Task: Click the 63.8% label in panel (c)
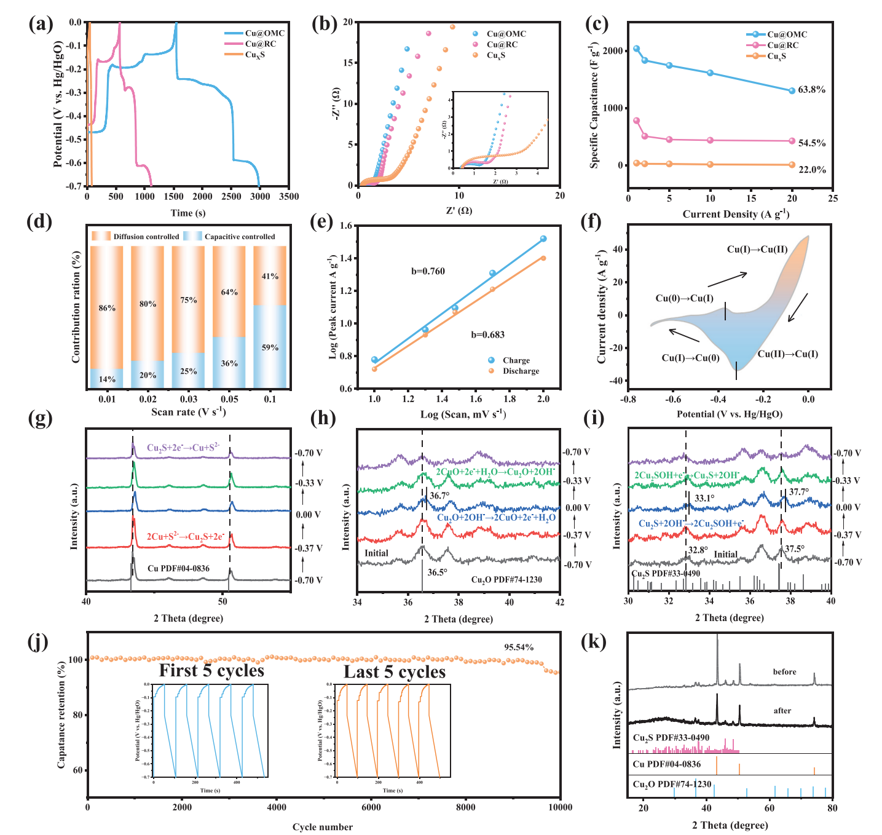pyautogui.click(x=811, y=90)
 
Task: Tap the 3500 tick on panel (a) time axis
pyautogui.click(x=289, y=197)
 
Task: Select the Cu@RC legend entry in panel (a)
pyautogui.click(x=260, y=44)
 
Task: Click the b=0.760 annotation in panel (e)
pyautogui.click(x=428, y=271)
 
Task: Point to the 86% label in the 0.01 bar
pyautogui.click(x=107, y=308)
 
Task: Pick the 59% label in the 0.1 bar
pyautogui.click(x=270, y=347)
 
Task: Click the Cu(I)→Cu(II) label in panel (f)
pyautogui.click(x=757, y=250)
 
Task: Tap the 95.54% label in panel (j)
pyautogui.click(x=519, y=647)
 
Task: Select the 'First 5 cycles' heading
pyautogui.click(x=211, y=670)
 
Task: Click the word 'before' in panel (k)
pyautogui.click(x=784, y=672)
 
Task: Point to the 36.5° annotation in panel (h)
pyautogui.click(x=437, y=572)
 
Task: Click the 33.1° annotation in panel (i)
pyautogui.click(x=704, y=499)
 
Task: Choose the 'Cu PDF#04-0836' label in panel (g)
pyautogui.click(x=178, y=569)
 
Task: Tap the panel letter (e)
pyautogui.click(x=324, y=222)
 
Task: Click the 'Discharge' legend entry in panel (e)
pyautogui.click(x=521, y=371)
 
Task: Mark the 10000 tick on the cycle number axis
pyautogui.click(x=559, y=807)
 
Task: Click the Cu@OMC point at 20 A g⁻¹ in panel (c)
pyautogui.click(x=792, y=90)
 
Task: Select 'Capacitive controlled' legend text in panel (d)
pyautogui.click(x=240, y=237)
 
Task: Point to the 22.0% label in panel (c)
pyautogui.click(x=811, y=170)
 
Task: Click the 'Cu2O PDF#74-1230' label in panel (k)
pyautogui.click(x=672, y=785)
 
